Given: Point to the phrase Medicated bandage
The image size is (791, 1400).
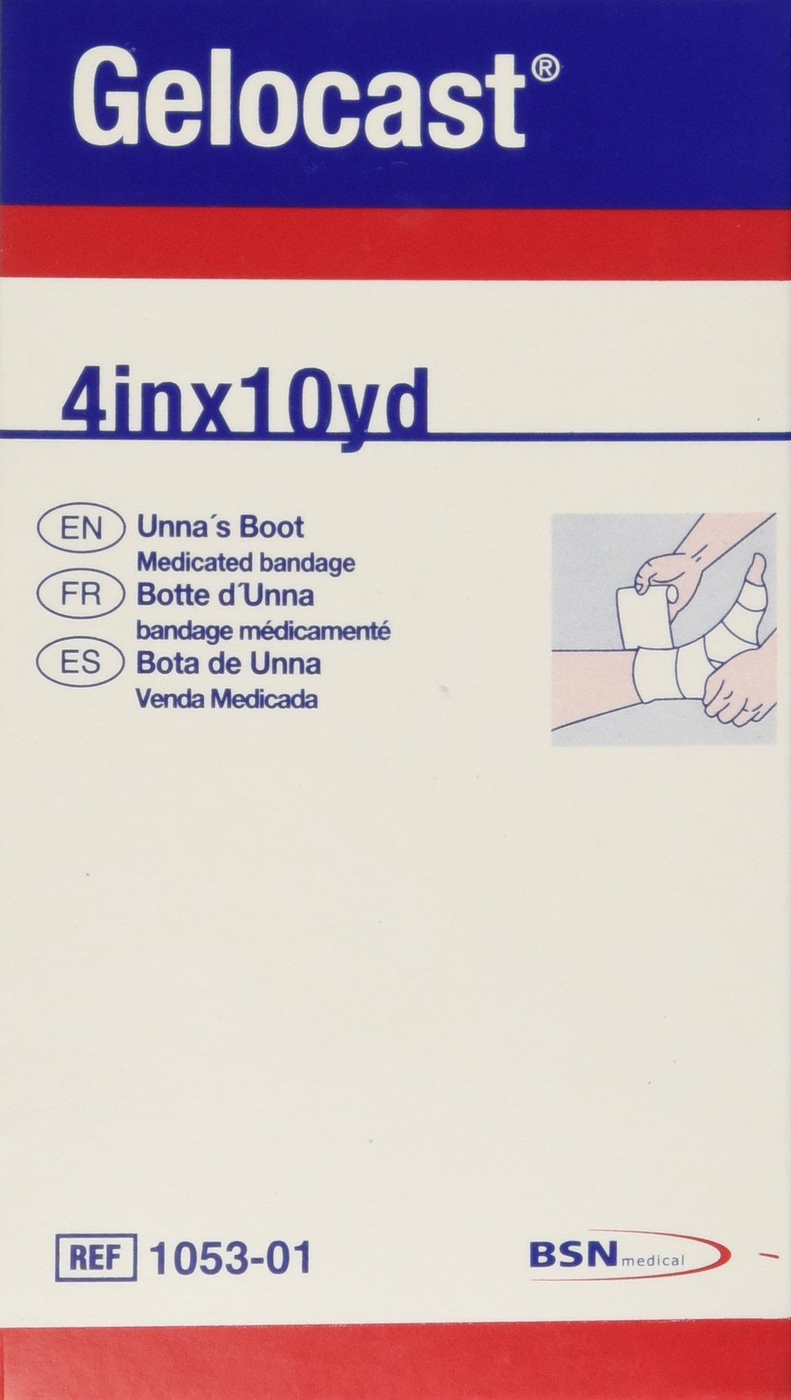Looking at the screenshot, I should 245,563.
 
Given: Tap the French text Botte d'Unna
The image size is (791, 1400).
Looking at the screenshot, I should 225,595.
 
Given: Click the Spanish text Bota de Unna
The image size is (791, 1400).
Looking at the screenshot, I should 228,663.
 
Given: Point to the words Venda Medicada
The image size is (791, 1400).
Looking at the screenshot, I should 226,698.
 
